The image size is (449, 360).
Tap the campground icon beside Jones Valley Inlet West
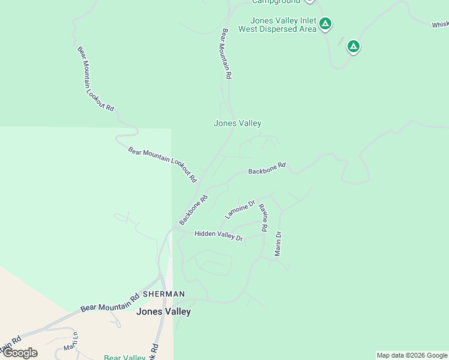[325, 24]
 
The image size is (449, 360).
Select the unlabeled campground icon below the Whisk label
[354, 46]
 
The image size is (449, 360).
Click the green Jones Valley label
[237, 123]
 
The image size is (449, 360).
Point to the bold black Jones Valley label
[163, 311]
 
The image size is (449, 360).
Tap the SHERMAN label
[164, 294]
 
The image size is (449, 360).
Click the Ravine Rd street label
[262, 217]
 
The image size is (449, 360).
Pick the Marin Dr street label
[278, 244]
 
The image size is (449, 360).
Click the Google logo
[19, 353]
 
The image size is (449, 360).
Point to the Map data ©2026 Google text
[412, 355]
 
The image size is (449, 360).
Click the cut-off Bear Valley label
[124, 358]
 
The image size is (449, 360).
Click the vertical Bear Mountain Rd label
[226, 54]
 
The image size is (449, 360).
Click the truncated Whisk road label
[439, 25]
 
